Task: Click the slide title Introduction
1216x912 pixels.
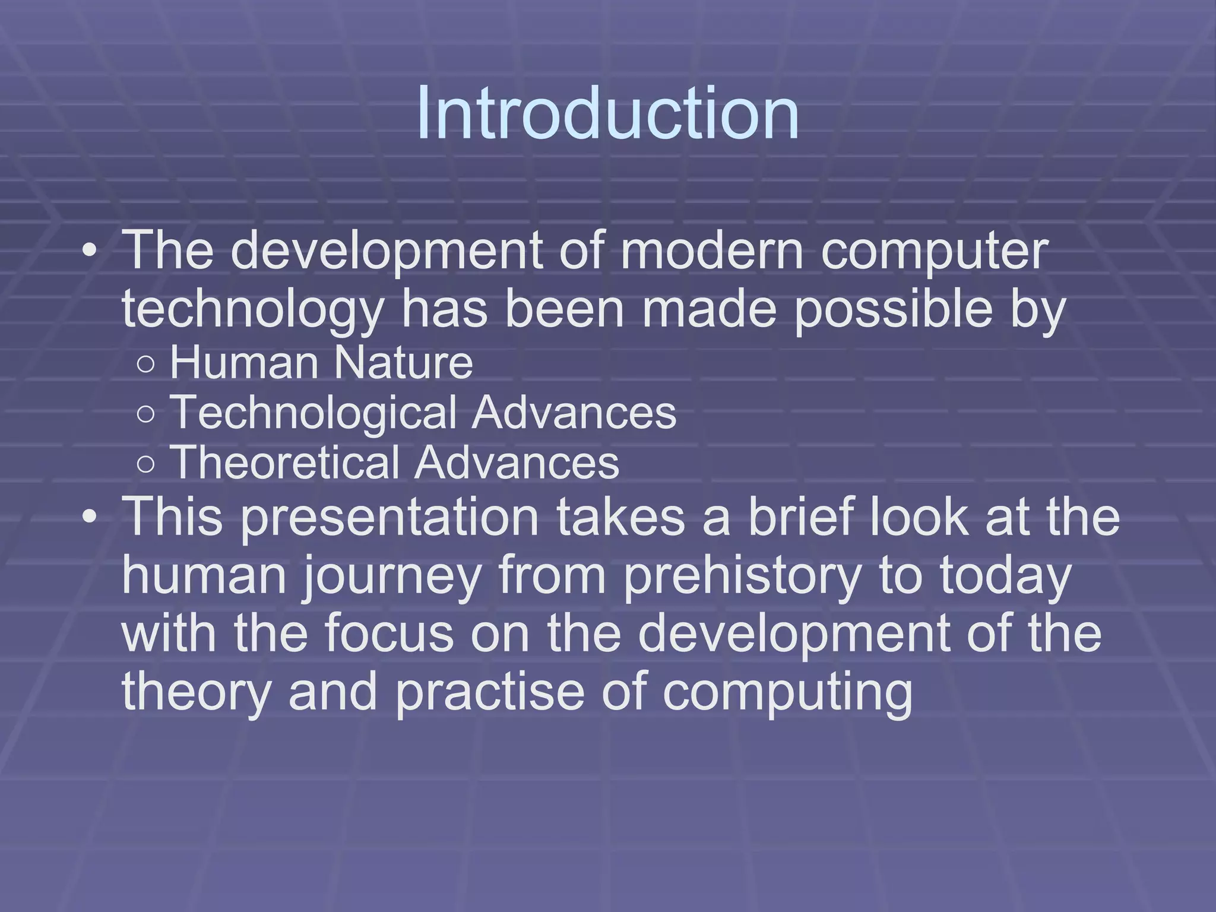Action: tap(607, 113)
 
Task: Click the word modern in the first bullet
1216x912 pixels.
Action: tap(712, 251)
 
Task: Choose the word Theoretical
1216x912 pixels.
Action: tap(285, 463)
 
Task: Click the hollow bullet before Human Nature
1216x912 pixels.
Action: tap(145, 364)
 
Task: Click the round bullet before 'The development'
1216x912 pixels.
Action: tap(89, 251)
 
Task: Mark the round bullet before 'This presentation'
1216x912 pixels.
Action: tap(89, 517)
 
